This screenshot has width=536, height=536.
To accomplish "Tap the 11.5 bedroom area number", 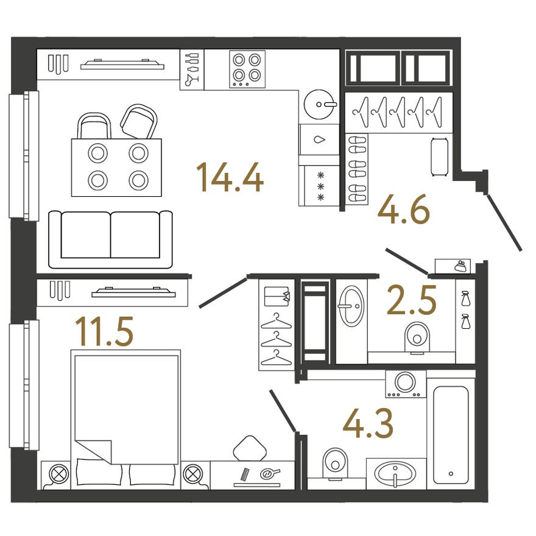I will click(x=104, y=331).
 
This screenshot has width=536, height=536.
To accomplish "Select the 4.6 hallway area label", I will click(x=404, y=211).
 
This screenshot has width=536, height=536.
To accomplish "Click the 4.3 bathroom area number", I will click(x=367, y=423).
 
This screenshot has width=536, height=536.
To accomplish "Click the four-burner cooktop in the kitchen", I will click(x=247, y=68).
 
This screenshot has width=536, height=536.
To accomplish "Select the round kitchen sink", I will click(x=319, y=104).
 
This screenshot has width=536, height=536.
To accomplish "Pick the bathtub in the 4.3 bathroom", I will click(x=451, y=434).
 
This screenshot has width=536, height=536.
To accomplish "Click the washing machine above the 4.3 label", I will click(x=406, y=384).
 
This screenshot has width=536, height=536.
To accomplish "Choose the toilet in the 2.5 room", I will click(x=417, y=337).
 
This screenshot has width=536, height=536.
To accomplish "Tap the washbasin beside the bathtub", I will click(x=395, y=473).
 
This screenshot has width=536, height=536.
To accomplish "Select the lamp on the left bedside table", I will click(x=59, y=474).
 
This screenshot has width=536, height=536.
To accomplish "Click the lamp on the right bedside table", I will click(x=192, y=474).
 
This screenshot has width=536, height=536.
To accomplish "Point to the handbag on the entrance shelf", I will click(x=460, y=266).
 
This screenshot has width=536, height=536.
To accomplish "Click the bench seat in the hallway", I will click(x=439, y=157).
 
